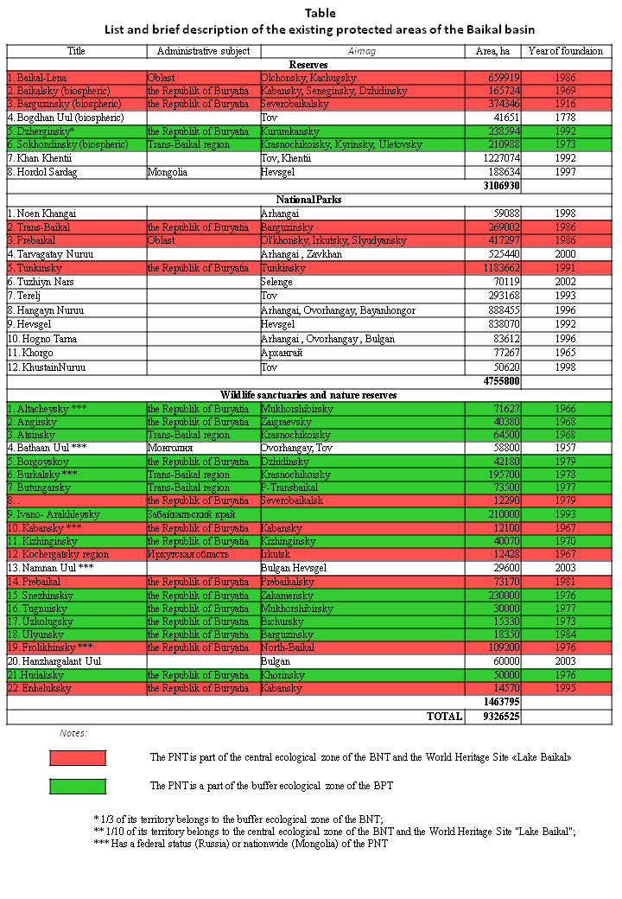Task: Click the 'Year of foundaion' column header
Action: tap(567, 51)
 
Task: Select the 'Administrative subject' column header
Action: tap(202, 51)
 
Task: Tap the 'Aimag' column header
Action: tap(361, 51)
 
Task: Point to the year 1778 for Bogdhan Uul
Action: tap(567, 117)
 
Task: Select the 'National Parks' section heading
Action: tap(308, 200)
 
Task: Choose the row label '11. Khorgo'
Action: tap(30, 353)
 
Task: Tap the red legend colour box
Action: tap(78, 758)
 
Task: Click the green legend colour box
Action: tap(78, 786)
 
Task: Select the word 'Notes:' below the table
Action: tap(73, 733)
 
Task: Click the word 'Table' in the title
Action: tap(320, 13)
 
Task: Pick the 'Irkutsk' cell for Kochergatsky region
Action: tap(276, 554)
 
